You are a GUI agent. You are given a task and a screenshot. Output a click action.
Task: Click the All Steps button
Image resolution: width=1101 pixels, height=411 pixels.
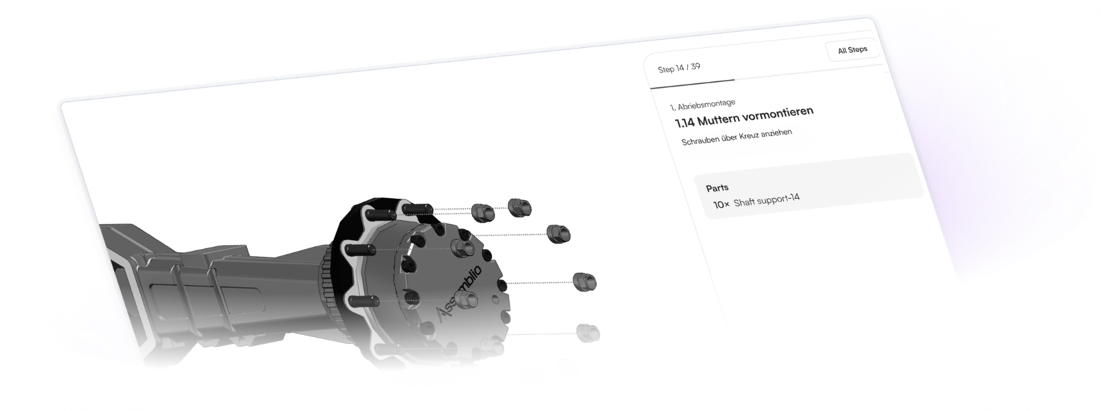[853, 50]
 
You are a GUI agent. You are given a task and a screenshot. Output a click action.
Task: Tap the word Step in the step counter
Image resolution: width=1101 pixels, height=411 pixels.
[665, 70]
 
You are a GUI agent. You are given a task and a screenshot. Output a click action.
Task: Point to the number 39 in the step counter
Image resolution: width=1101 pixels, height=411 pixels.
[695, 66]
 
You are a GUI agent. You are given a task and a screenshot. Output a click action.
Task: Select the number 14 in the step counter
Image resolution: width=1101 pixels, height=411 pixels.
[680, 68]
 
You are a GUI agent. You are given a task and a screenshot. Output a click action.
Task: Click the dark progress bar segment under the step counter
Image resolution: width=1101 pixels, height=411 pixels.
[692, 84]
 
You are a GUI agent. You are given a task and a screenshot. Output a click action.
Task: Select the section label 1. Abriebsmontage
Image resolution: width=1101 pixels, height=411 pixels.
[703, 105]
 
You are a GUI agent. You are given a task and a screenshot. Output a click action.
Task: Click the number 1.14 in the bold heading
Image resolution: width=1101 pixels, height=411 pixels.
[684, 122]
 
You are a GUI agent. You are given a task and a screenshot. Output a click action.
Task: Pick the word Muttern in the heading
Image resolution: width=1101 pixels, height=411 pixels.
[718, 119]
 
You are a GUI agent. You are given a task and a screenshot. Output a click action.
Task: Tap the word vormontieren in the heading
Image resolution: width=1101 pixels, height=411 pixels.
[777, 113]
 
